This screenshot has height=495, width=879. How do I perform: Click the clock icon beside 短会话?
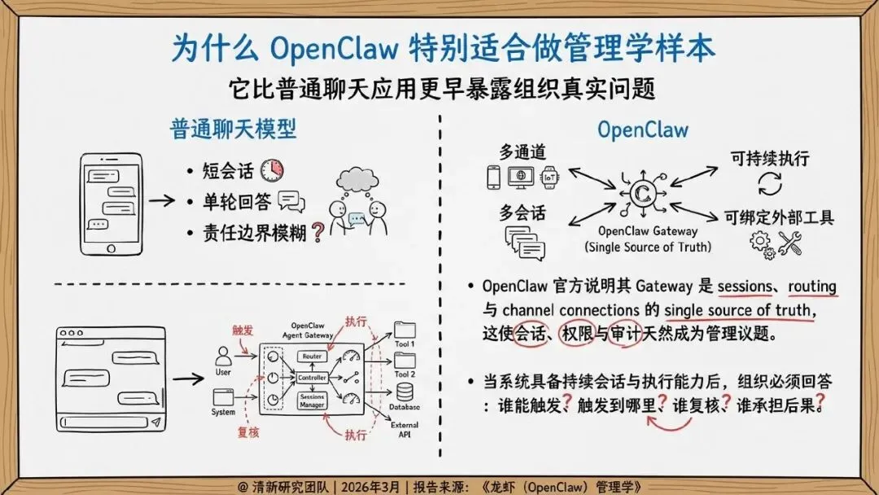pyautogui.click(x=272, y=170)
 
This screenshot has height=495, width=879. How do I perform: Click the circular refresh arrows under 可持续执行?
pyautogui.click(x=769, y=184)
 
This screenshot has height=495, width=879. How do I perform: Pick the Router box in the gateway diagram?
pyautogui.click(x=313, y=357)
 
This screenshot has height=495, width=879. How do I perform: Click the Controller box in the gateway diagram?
pyautogui.click(x=313, y=378)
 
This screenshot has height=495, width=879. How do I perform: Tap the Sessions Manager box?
pyautogui.click(x=313, y=400)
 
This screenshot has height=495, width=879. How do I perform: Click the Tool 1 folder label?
pyautogui.click(x=405, y=344)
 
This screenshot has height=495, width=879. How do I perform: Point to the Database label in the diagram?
pyautogui.click(x=405, y=406)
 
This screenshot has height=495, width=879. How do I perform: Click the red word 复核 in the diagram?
pyautogui.click(x=247, y=432)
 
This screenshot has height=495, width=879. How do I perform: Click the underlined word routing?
pyautogui.click(x=811, y=287)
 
